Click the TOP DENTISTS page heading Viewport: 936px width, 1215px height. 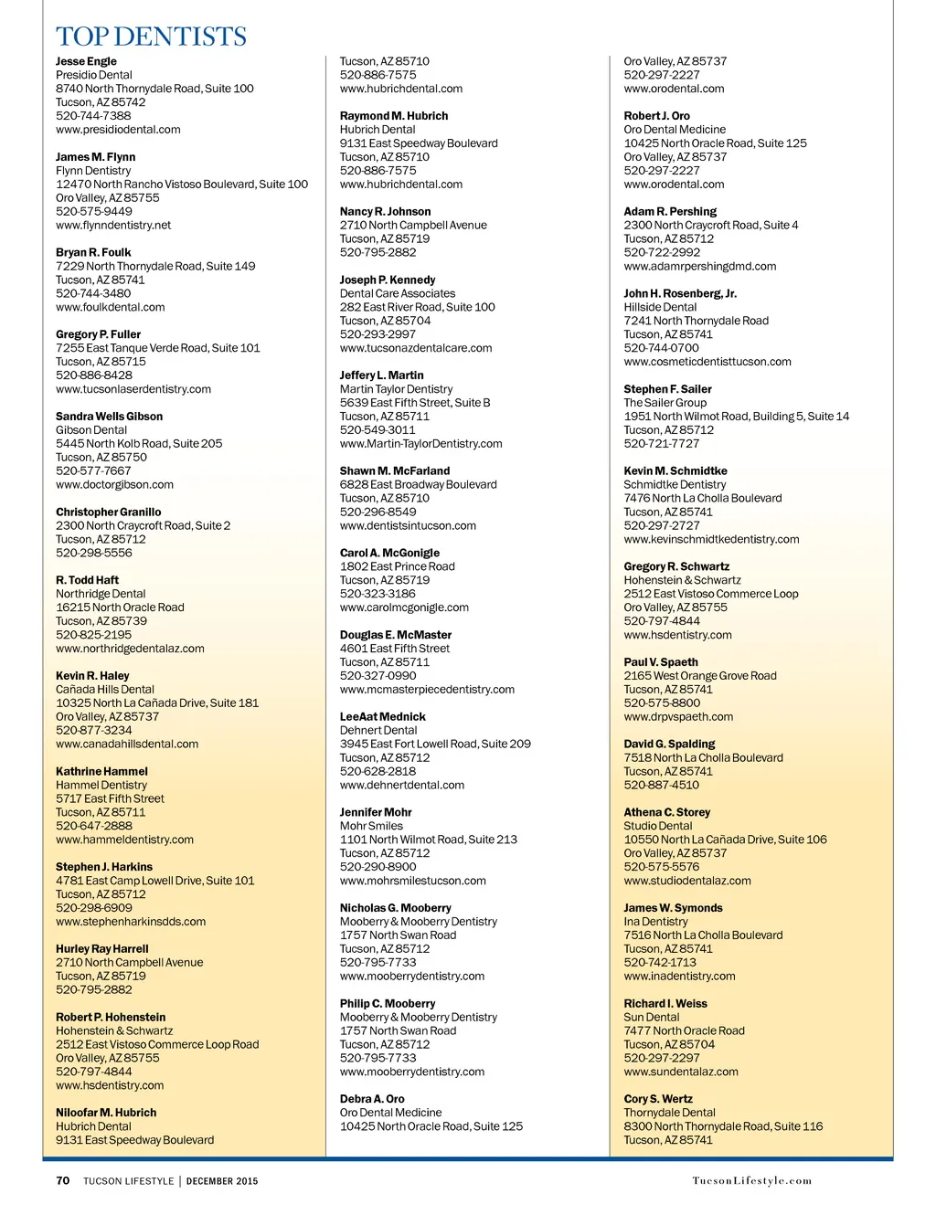(151, 37)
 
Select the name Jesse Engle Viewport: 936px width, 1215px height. (86, 61)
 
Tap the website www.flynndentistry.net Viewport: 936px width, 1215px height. (113, 225)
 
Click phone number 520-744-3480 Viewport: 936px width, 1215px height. (93, 293)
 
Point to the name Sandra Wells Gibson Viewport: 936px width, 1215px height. (109, 417)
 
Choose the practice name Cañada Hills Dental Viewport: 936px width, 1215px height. (105, 690)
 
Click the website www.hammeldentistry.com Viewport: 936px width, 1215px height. (124, 840)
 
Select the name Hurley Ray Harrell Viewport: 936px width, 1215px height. (101, 949)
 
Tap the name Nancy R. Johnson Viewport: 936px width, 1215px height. (385, 212)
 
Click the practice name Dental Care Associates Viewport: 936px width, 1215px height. (398, 293)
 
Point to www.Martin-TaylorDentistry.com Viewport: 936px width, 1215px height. (420, 444)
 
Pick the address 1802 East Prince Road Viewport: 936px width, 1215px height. (397, 566)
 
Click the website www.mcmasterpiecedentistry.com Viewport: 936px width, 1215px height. (427, 690)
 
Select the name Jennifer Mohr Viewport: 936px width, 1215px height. (376, 812)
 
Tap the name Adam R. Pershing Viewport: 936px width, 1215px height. (670, 212)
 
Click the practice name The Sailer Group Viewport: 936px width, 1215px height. (665, 403)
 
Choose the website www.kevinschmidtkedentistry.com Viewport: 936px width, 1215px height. (711, 539)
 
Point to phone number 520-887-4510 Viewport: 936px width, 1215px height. (661, 785)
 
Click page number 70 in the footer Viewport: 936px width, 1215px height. (63, 1180)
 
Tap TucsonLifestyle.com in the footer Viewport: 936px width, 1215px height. (751, 1180)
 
